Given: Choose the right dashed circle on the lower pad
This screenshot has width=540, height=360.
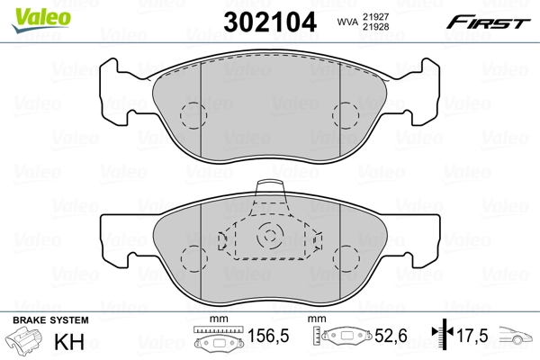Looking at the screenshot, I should pos(346,256).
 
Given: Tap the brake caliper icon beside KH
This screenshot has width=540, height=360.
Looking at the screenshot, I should pos(27,343).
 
